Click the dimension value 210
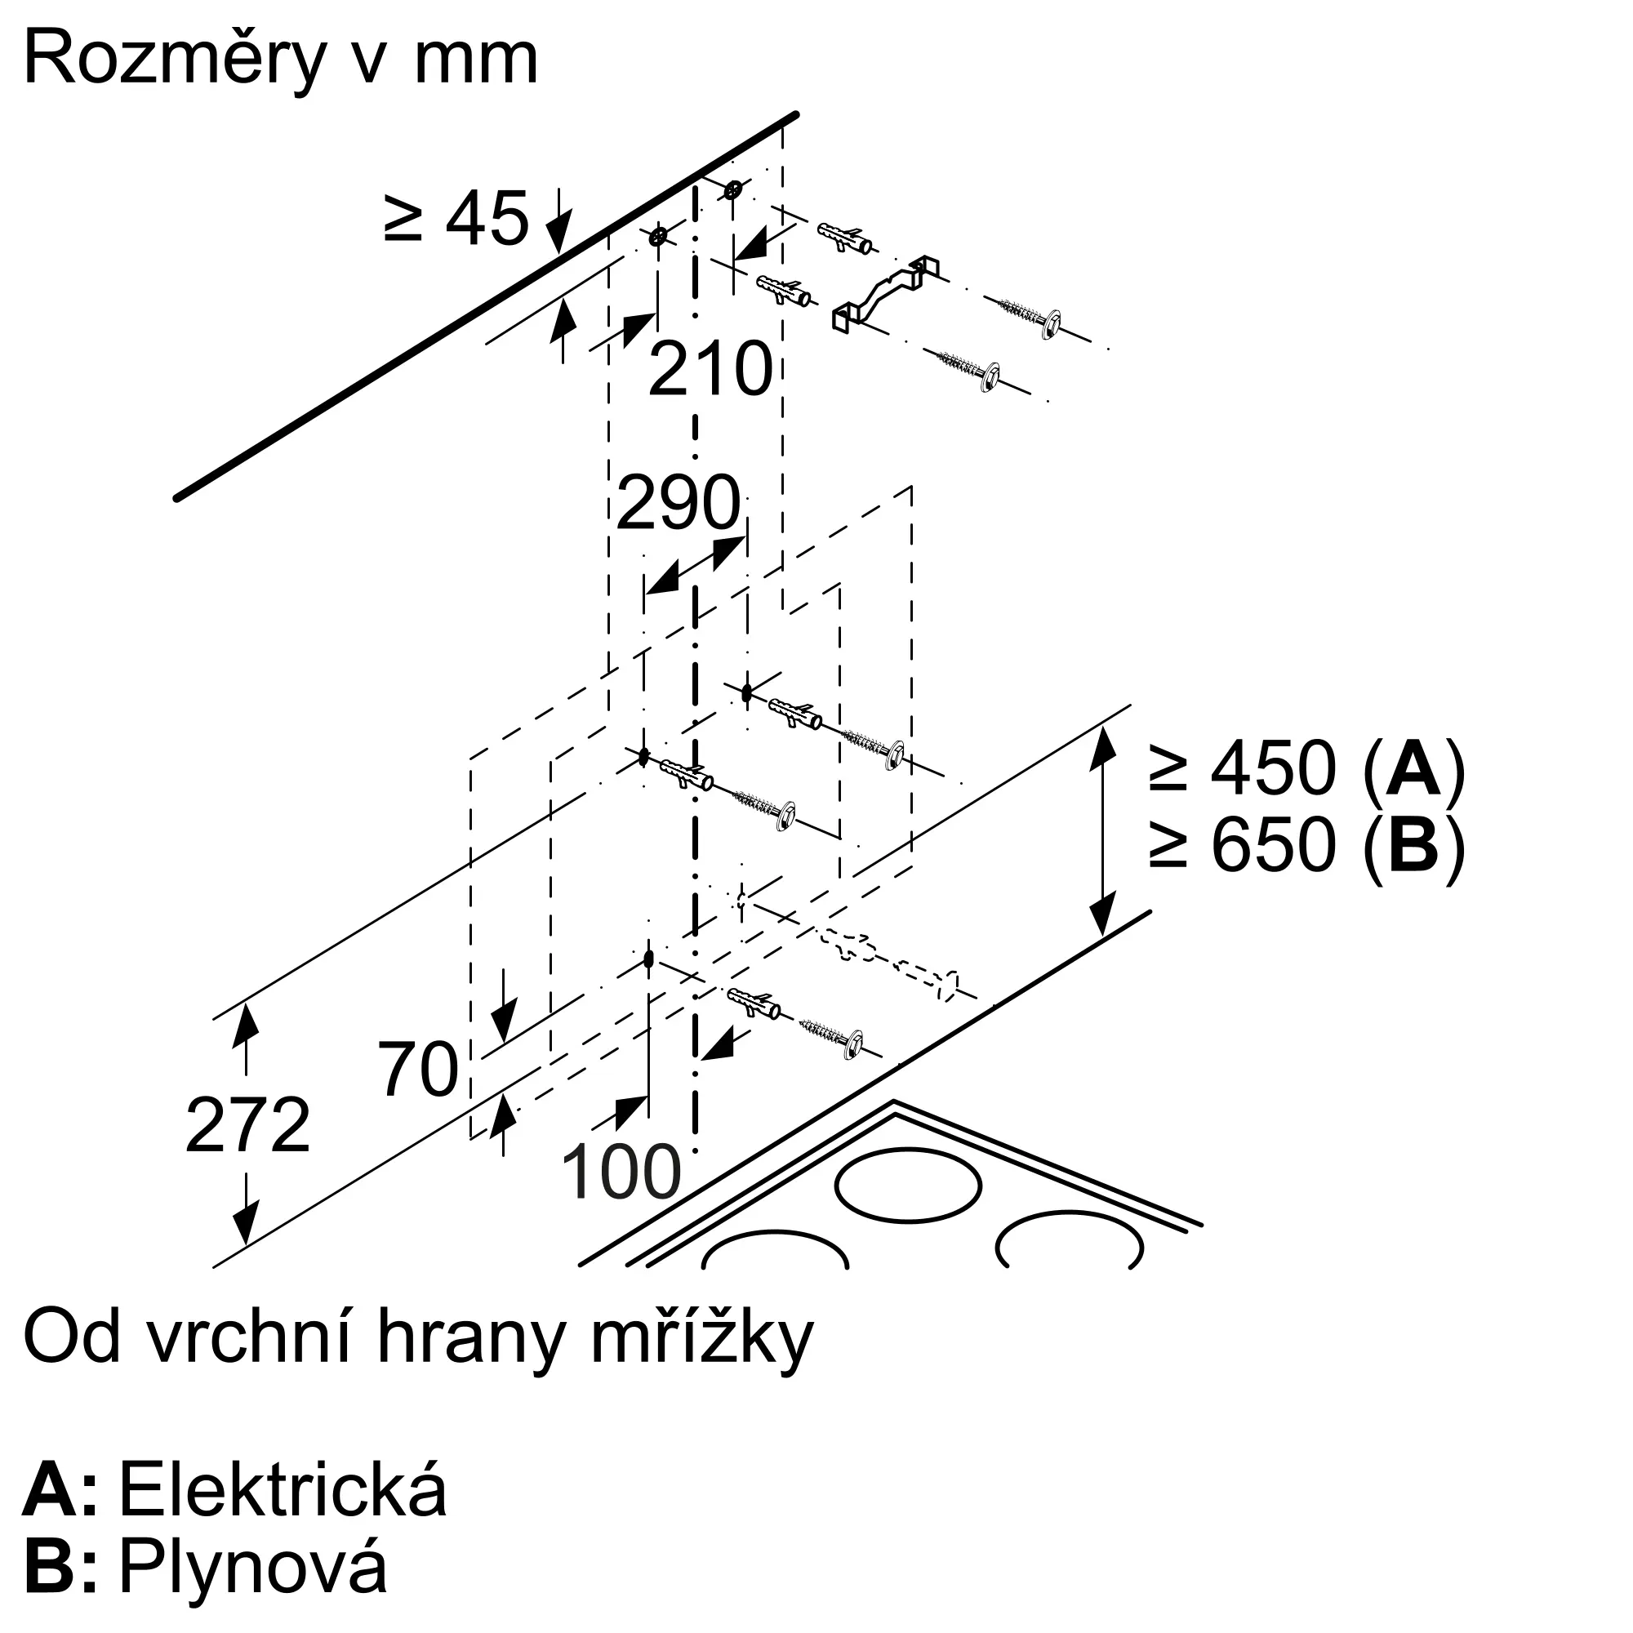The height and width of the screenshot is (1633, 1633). (710, 369)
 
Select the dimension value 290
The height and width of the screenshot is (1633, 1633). (679, 503)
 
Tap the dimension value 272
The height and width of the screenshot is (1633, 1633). (247, 1125)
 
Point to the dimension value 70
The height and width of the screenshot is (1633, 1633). (417, 1070)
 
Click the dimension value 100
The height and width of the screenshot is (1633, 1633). (621, 1172)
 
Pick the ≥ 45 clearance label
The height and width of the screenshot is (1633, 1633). (456, 218)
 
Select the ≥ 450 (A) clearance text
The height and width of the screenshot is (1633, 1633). (1306, 768)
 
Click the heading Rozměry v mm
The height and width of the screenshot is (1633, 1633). (281, 59)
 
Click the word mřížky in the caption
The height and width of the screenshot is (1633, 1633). (701, 1338)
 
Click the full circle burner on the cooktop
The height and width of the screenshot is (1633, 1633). (909, 1184)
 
